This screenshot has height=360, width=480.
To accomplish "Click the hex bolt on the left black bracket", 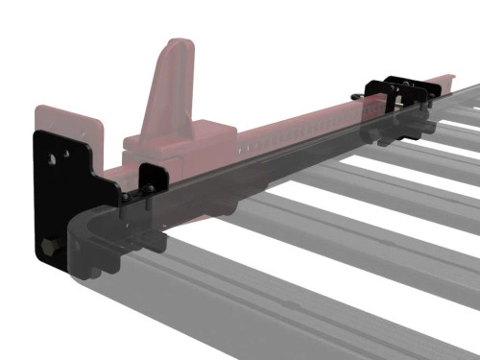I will (47, 249).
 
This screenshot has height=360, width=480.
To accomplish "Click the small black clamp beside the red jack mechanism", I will (150, 182).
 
